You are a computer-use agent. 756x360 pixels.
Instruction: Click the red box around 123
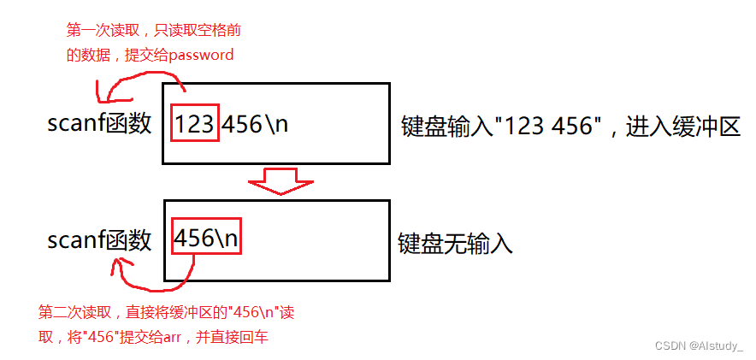(195, 123)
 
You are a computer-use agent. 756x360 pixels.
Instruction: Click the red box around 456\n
(206, 239)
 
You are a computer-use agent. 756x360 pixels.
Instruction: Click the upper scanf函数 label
(99, 124)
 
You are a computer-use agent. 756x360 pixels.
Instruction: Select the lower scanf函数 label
(99, 240)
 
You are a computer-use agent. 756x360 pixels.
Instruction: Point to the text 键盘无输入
(455, 244)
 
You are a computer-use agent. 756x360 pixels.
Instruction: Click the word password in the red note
(201, 55)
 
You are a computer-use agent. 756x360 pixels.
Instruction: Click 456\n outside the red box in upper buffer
(256, 124)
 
